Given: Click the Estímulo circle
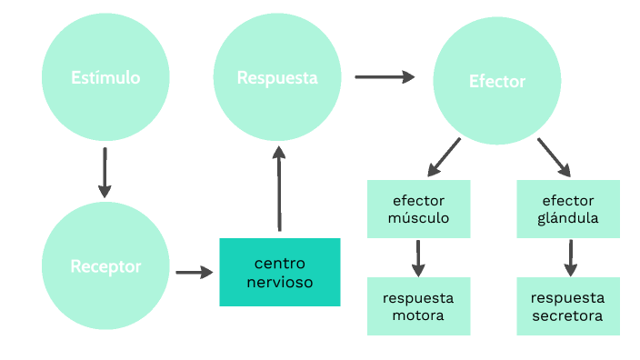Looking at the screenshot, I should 105,77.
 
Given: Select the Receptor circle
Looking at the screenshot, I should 105,266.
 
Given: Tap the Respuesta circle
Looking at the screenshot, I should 277,77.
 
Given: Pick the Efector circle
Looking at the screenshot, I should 496,82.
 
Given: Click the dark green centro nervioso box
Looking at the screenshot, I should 280,272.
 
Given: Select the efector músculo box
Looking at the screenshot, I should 419,209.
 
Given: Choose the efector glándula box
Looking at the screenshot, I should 568,209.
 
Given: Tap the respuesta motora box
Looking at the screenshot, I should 419,306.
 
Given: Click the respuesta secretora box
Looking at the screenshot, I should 568,306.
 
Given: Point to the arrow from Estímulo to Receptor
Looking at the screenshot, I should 105,173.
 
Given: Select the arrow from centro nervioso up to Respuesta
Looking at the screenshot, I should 278,191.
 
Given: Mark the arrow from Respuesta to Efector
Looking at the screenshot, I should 384,77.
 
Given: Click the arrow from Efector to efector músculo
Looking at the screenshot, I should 445,156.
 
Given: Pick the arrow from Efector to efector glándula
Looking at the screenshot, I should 554,157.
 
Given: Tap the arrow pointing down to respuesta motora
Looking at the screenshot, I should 418,258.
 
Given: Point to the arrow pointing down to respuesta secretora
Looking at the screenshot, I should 569,258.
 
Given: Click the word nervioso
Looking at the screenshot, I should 280,283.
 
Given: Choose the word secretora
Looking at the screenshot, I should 568,316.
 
